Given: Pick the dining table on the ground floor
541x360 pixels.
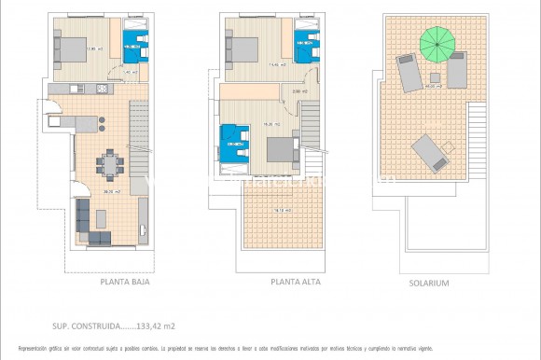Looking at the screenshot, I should click(112, 165).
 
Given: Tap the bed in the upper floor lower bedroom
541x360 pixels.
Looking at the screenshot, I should click(278, 149).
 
